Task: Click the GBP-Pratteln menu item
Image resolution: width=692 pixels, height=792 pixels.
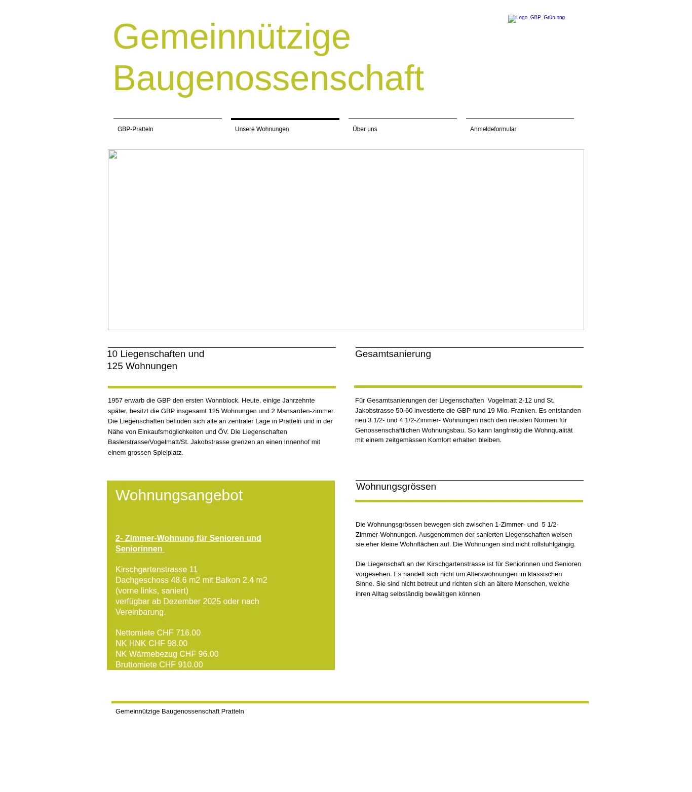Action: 135,129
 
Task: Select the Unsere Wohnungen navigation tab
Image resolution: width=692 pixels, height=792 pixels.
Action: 262,129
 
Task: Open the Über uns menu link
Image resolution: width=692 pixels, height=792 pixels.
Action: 365,129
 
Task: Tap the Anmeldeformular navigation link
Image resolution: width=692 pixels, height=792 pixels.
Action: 493,129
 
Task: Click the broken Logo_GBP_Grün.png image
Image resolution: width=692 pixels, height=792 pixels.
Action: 536,18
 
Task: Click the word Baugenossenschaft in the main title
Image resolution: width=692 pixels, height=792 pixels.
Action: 268,78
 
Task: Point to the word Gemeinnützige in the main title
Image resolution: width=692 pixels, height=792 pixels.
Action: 232,37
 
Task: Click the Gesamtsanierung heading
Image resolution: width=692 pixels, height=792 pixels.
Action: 393,354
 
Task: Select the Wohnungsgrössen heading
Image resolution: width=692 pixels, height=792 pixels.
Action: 396,487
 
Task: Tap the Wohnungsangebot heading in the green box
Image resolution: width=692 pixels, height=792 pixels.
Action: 179,495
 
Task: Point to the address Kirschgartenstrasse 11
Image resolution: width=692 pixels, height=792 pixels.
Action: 157,570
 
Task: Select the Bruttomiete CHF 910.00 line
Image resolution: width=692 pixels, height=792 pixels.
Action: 159,665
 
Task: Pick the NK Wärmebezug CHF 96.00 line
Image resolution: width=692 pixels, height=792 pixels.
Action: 167,654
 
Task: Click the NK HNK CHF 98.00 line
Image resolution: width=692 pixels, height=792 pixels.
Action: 151,644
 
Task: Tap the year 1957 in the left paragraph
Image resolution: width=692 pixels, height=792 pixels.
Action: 115,401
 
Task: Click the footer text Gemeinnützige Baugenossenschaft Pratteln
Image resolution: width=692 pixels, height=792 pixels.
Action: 180,711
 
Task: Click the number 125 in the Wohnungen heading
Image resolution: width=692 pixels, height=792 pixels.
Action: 115,366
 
